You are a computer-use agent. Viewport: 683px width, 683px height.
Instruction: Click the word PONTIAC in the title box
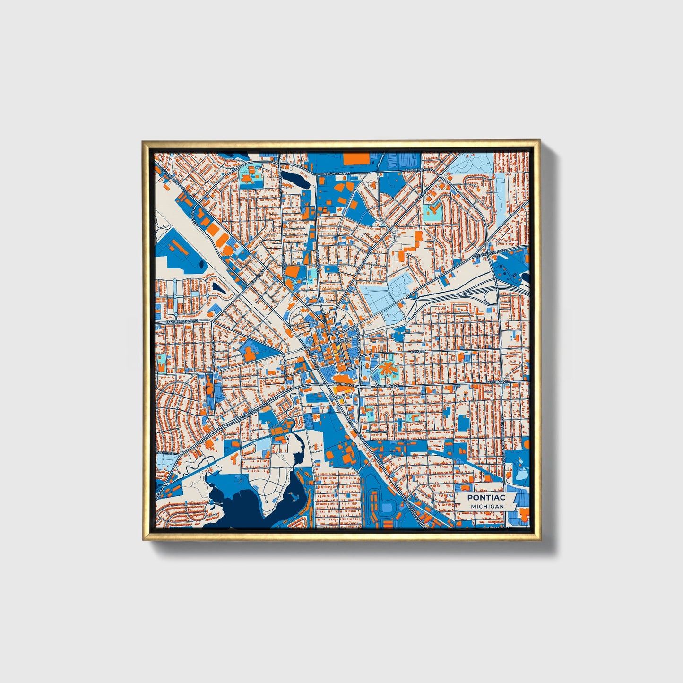click(x=486, y=497)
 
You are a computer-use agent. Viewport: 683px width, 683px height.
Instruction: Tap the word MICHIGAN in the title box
click(x=487, y=506)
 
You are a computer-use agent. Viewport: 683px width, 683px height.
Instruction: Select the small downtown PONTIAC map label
click(x=341, y=341)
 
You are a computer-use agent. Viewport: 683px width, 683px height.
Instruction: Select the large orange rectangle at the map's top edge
click(x=355, y=159)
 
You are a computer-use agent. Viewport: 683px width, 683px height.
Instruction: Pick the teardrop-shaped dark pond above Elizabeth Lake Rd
click(x=217, y=286)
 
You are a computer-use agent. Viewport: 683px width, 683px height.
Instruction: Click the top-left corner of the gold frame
click(x=143, y=141)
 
